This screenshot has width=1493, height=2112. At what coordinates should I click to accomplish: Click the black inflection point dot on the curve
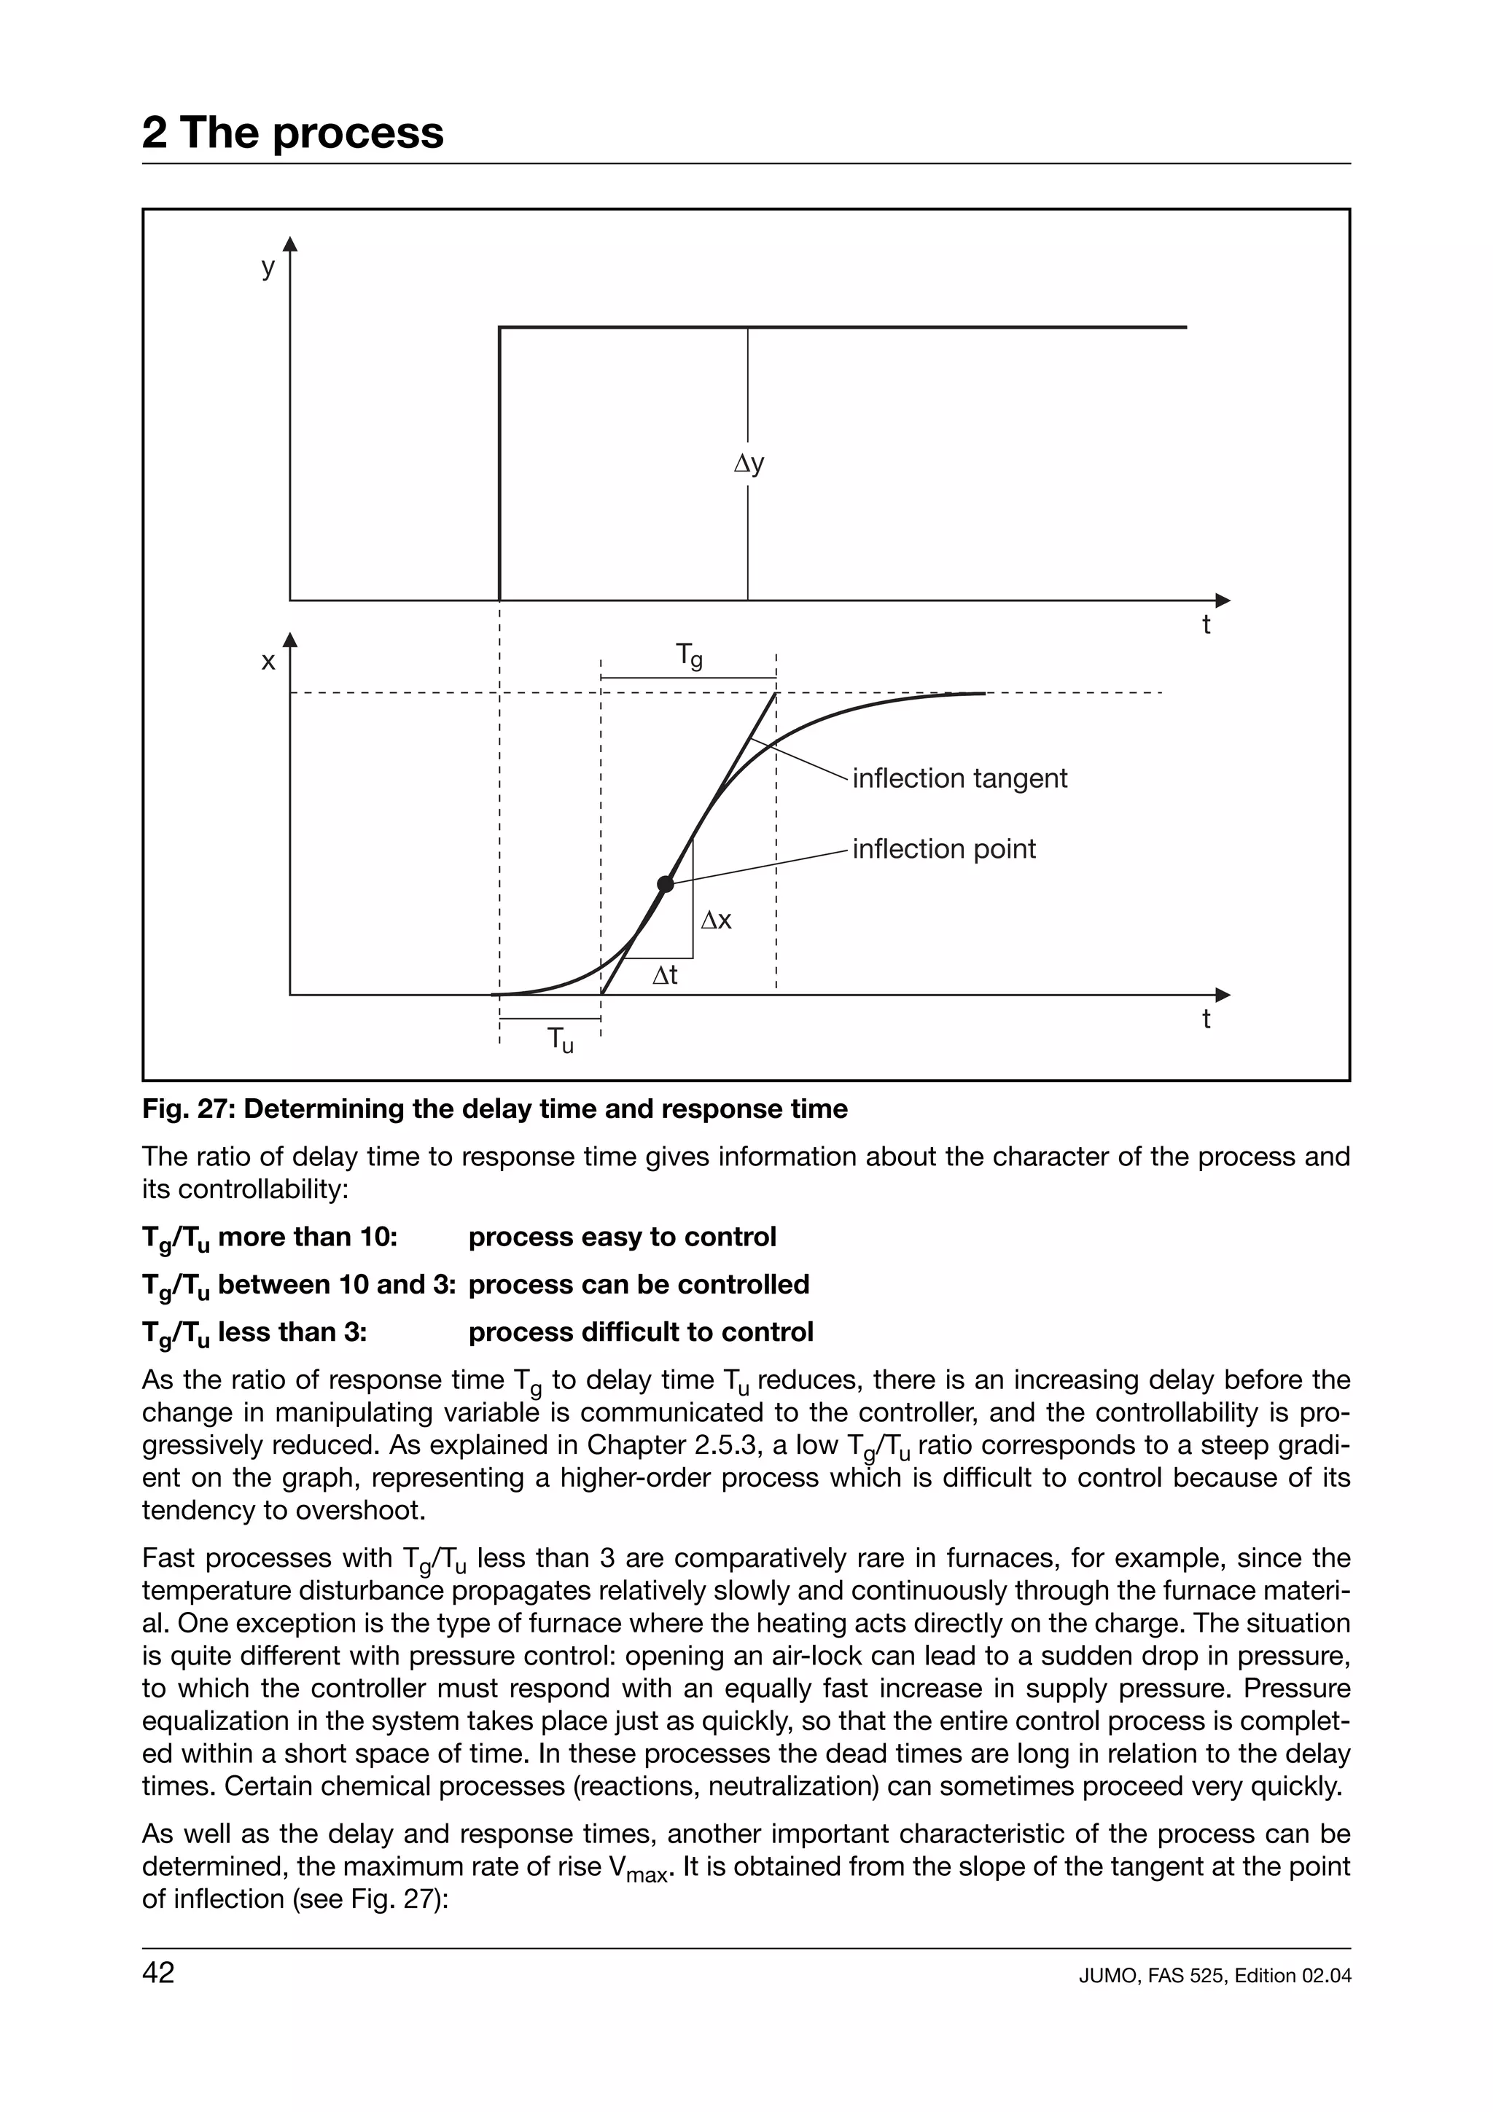[x=665, y=884]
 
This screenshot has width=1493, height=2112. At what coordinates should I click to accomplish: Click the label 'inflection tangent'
[x=959, y=778]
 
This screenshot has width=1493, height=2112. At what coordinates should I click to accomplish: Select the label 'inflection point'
[x=944, y=848]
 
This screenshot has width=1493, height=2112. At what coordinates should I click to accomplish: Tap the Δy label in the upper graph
[x=749, y=463]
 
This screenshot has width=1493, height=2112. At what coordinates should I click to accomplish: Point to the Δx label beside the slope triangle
[x=717, y=920]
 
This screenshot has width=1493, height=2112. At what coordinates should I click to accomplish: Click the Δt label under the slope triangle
[x=665, y=975]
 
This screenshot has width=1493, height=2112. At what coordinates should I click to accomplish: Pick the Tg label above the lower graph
[x=689, y=655]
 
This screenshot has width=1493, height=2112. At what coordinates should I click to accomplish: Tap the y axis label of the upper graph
[x=268, y=267]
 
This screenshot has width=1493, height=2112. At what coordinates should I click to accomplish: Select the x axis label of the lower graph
[x=268, y=662]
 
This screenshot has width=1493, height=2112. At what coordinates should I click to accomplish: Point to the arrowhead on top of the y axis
[x=291, y=243]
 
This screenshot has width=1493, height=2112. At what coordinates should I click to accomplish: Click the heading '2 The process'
[x=292, y=133]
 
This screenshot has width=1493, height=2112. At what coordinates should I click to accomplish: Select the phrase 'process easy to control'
[x=622, y=1237]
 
